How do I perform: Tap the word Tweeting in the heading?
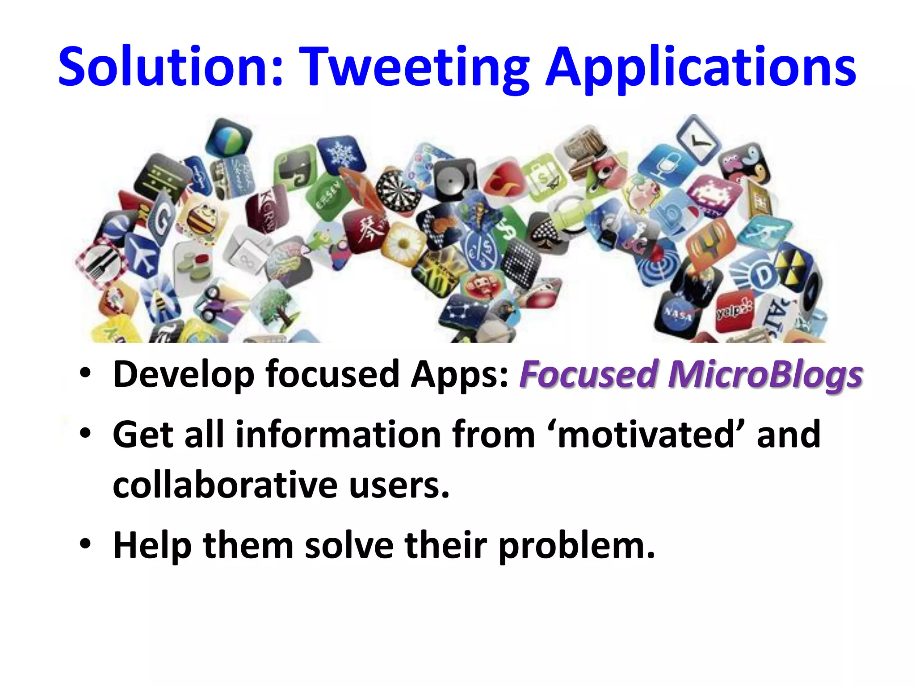413,67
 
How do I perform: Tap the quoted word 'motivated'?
646,434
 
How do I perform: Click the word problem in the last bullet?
576,546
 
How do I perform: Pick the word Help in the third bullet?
152,546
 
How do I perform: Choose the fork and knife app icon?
101,264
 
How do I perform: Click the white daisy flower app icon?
403,244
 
